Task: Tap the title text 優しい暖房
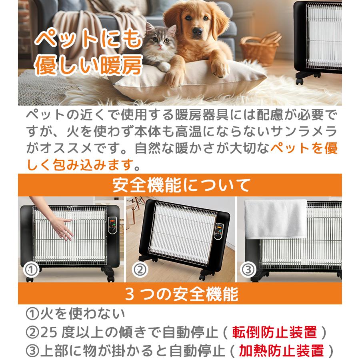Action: click(x=88, y=66)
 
